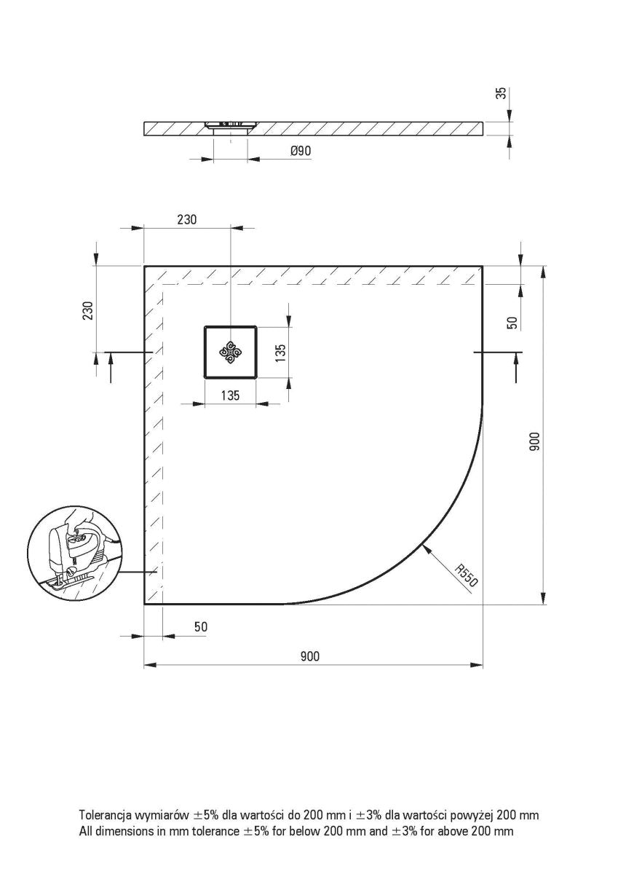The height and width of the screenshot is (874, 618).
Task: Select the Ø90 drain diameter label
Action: point(301,151)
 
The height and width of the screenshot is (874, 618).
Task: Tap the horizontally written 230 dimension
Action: point(186,219)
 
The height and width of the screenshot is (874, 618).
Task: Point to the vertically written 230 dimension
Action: point(87,311)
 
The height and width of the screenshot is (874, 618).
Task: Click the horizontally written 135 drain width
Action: point(230,396)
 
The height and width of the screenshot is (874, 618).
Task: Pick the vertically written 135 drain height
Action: point(280,353)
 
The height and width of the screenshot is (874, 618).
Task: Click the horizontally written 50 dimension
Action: point(201,627)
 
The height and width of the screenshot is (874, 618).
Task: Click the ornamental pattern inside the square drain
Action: point(231,353)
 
